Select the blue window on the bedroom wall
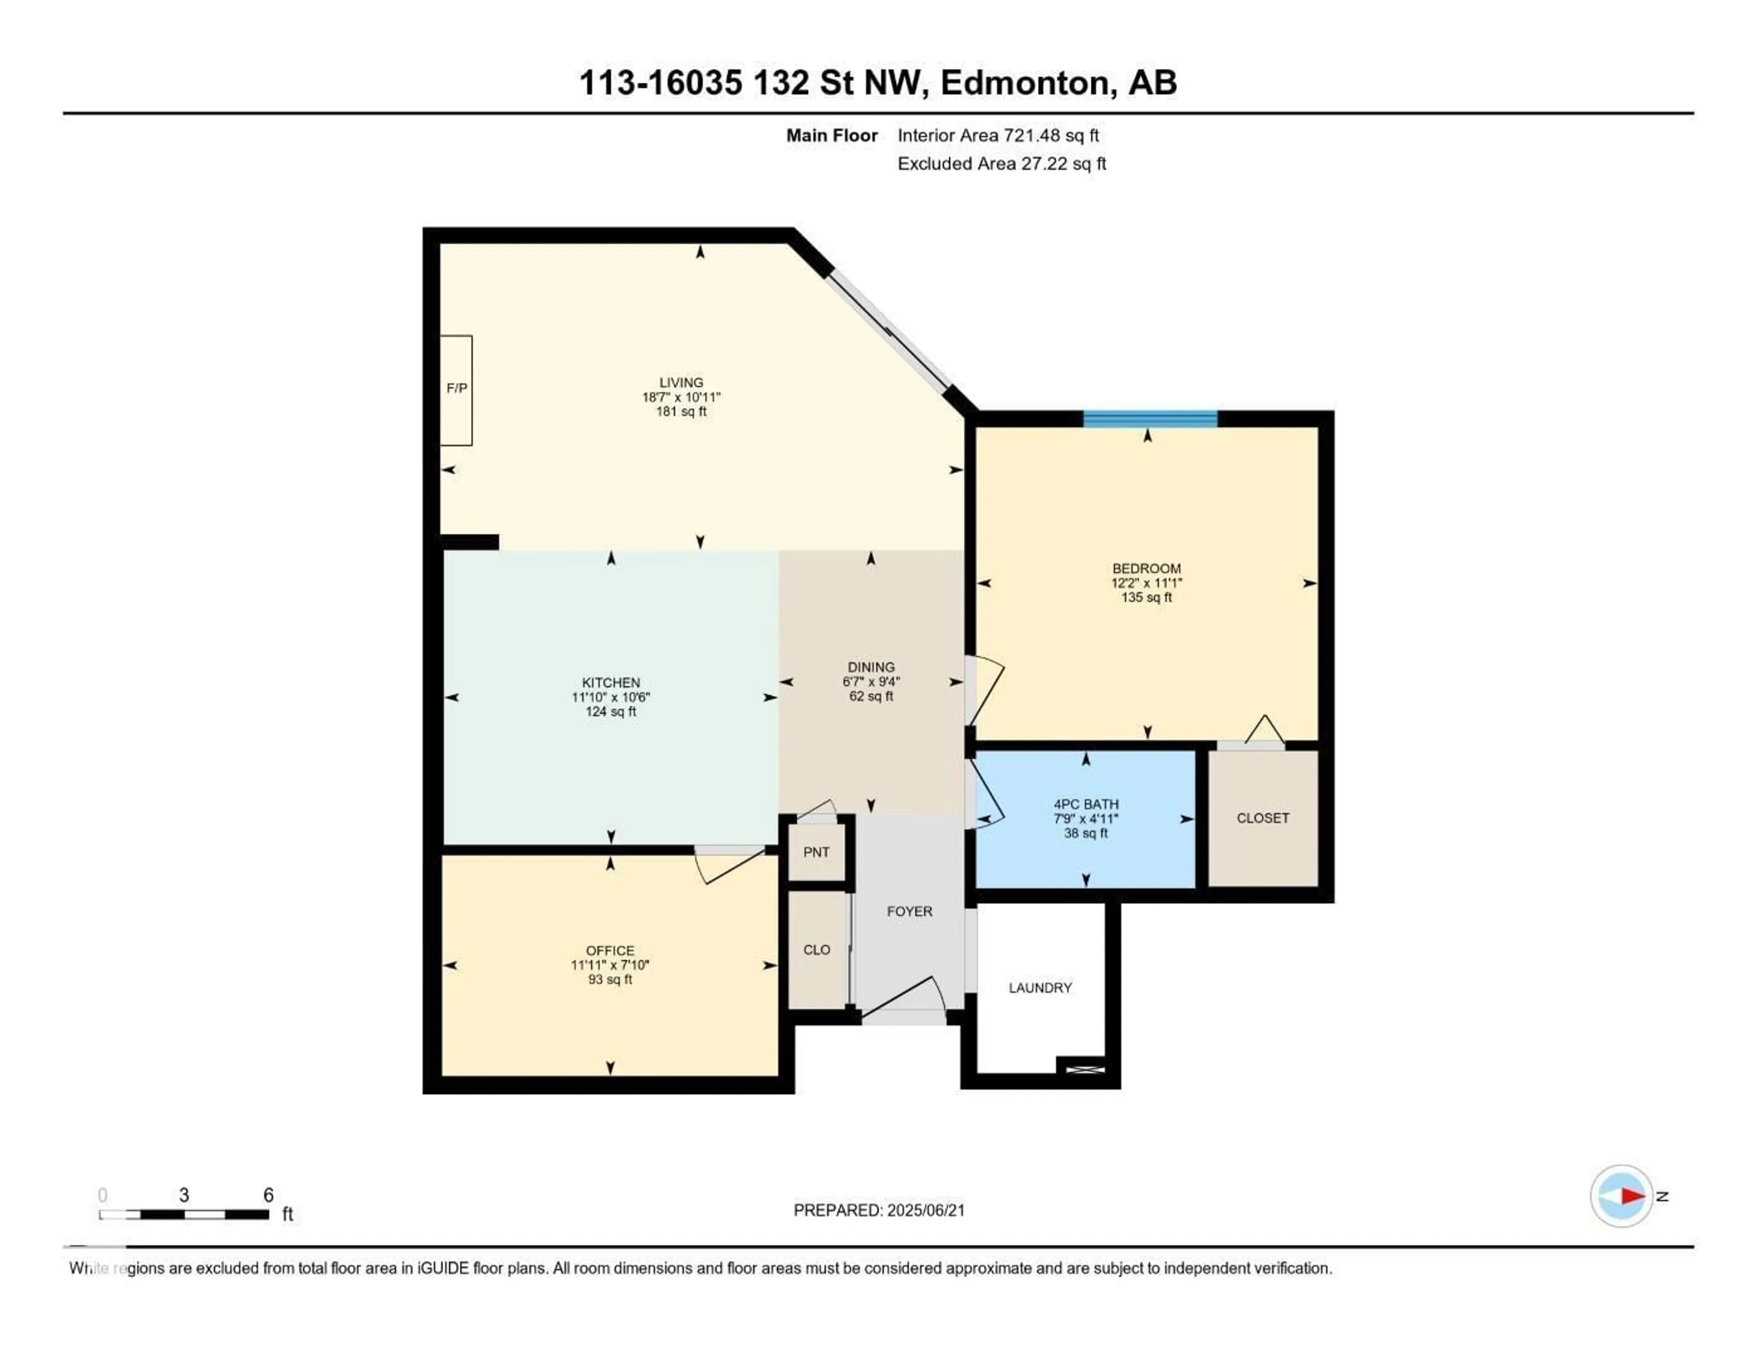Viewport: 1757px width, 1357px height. click(1150, 418)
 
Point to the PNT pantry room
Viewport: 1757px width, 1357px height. click(816, 853)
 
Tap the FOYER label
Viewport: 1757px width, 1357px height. click(909, 912)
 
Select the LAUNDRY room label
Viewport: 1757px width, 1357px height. click(1040, 988)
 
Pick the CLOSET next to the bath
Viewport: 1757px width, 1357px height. click(1262, 818)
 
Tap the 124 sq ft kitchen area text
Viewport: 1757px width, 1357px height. click(611, 712)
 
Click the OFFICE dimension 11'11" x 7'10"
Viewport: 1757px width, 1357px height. click(610, 965)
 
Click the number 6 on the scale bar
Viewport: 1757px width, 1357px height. click(269, 1195)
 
